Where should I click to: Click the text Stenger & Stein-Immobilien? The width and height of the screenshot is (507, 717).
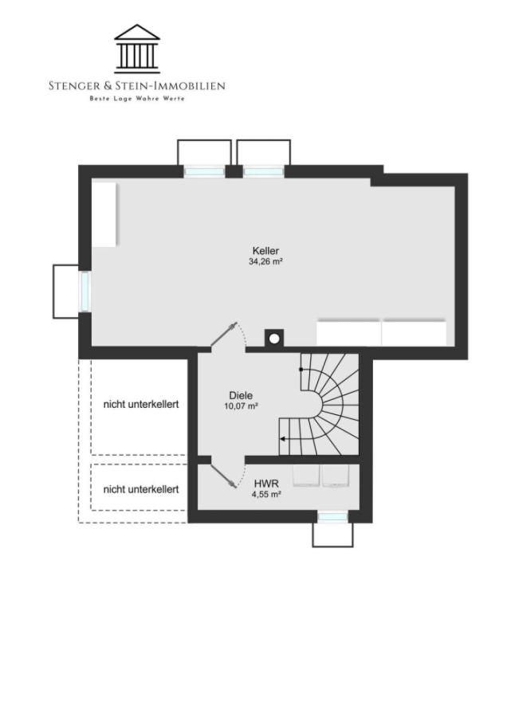137,85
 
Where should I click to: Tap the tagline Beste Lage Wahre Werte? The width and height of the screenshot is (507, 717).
137,98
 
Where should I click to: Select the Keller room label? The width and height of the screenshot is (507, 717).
265,250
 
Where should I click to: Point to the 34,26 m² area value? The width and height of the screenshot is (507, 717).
266,261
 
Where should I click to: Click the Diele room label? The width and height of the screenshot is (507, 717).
241,395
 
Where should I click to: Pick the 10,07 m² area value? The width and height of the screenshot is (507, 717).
241,406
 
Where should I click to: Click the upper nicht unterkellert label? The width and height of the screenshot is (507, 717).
141,404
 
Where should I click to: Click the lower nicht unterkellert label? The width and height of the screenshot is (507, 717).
141,489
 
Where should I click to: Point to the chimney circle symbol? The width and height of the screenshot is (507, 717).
274,339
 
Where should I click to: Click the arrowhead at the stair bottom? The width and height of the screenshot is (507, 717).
282,438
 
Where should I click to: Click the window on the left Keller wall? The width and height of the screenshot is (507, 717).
84,291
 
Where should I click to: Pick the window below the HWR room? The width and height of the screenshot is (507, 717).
332,517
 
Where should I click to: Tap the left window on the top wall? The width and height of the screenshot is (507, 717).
205,171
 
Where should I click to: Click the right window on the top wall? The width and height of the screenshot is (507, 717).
263,171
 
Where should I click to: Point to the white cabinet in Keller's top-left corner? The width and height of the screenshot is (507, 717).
104,214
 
